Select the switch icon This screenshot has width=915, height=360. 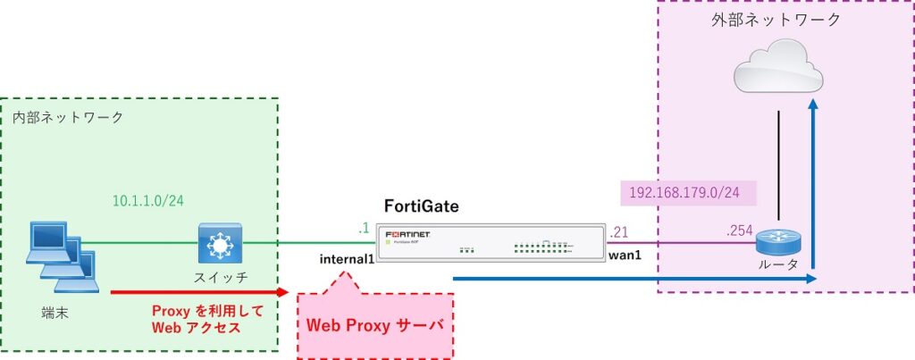[x=217, y=241]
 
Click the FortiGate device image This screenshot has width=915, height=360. [x=488, y=241]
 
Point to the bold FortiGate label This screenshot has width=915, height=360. [x=421, y=206]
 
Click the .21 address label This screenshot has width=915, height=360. [x=617, y=230]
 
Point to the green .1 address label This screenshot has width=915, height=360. [x=363, y=230]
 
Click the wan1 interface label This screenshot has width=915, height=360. [x=625, y=256]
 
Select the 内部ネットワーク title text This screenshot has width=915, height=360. [x=69, y=117]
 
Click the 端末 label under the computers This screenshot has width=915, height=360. [x=55, y=314]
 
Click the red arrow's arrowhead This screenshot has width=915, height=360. [x=282, y=291]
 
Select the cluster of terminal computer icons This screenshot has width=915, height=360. [x=60, y=257]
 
